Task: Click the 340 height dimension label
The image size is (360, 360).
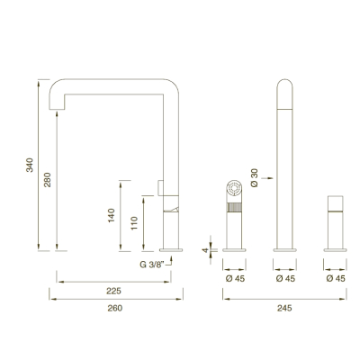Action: (30, 165)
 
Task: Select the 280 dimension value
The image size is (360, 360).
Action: (48, 180)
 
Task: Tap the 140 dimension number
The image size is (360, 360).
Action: (112, 215)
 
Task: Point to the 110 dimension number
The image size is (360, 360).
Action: (134, 223)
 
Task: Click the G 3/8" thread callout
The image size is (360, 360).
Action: (152, 265)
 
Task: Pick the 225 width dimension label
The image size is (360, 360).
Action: (114, 291)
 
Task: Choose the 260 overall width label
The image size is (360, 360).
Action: (115, 308)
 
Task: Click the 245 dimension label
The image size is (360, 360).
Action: (284, 308)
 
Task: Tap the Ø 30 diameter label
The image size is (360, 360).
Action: (254, 178)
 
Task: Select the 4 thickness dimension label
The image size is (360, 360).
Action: (205, 250)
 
